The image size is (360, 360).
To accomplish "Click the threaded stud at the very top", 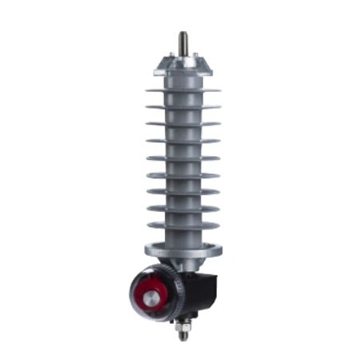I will (x=183, y=42).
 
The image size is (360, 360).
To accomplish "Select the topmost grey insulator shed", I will (x=183, y=91).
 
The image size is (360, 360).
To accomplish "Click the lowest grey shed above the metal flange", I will (x=183, y=226).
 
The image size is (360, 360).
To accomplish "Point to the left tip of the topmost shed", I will (x=147, y=90).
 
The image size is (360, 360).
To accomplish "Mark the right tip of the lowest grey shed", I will (x=218, y=226).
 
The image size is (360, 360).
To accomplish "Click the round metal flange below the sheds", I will (x=183, y=250).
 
